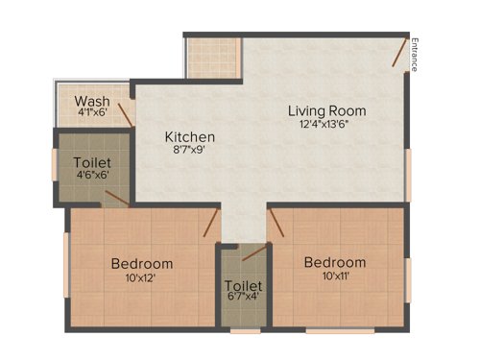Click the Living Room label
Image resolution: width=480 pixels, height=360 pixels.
(327, 110)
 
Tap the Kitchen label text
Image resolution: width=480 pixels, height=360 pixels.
(189, 137)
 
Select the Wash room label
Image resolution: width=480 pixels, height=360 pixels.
(91, 100)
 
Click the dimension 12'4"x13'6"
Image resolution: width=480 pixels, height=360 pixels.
(327, 124)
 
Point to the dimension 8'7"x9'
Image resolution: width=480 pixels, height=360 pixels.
(189, 151)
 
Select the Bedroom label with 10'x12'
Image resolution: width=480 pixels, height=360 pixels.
(141, 264)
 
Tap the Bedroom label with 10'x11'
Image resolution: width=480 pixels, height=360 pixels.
(335, 262)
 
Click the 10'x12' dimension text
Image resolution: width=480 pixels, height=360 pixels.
(141, 277)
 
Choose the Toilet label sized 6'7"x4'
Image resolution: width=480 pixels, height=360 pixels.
(243, 286)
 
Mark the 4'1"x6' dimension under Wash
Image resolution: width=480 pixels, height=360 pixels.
(91, 112)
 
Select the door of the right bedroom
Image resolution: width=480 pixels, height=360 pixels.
(276, 223)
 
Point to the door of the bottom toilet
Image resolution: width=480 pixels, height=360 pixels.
(252, 252)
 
